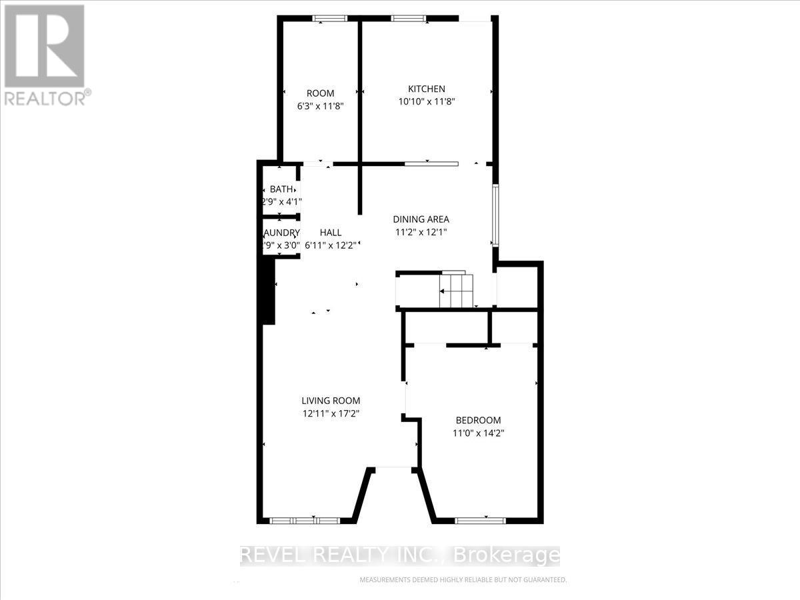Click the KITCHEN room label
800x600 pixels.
pos(427,89)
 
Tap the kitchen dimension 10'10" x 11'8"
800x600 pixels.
pos(427,101)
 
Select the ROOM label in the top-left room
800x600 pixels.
pos(320,93)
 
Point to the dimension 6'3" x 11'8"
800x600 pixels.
pos(320,105)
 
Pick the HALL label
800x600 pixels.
pos(331,233)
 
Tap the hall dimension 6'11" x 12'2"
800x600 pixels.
pos(331,245)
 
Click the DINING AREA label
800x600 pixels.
pos(421,219)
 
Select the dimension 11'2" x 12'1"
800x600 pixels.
pos(421,232)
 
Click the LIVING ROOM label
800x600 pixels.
pos(331,401)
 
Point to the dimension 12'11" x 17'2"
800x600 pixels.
pos(331,413)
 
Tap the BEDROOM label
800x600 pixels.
pos(478,420)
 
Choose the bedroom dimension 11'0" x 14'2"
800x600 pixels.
pos(478,433)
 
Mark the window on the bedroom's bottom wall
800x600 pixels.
pos(480,520)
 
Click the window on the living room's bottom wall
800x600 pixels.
pos(305,520)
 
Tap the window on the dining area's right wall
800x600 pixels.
pos(495,215)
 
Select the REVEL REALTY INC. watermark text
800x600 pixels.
pos(400,555)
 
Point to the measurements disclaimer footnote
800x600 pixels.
pos(463,580)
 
